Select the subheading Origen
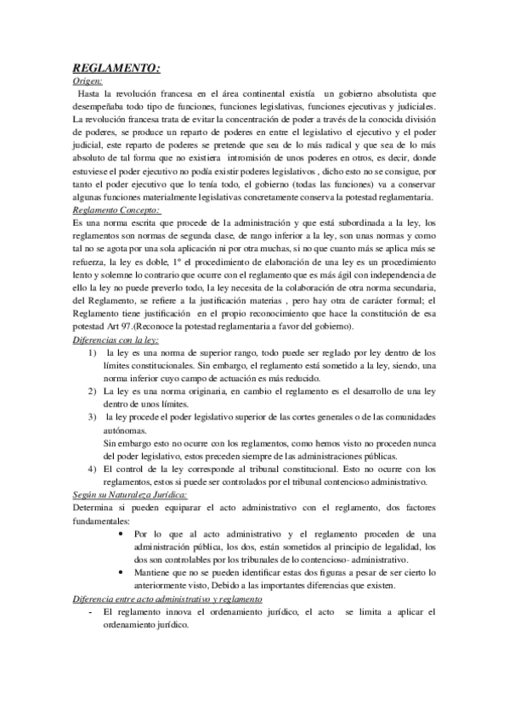(x=88, y=81)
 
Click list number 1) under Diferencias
(x=92, y=352)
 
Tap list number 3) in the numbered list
(x=92, y=418)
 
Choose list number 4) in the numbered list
(x=92, y=469)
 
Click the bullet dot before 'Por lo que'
(x=123, y=533)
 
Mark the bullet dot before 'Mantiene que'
(x=123, y=572)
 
